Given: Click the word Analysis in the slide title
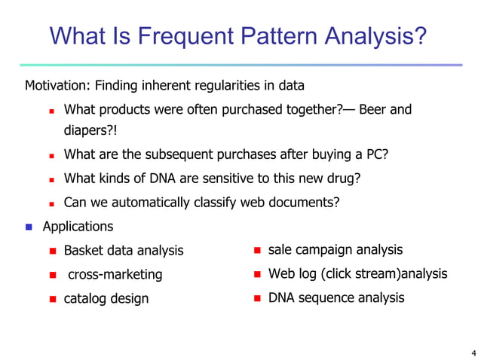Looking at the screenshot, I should pyautogui.click(x=374, y=35).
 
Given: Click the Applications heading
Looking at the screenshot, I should pyautogui.click(x=78, y=226).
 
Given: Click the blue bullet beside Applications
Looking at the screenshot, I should pyautogui.click(x=29, y=227).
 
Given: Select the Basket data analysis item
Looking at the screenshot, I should pyautogui.click(x=123, y=250).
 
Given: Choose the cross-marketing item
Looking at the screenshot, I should pyautogui.click(x=115, y=274).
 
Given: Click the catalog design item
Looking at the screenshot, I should pyautogui.click(x=106, y=298).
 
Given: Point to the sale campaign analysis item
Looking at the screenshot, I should pyautogui.click(x=335, y=249).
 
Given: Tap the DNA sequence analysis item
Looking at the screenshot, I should pyautogui.click(x=336, y=297).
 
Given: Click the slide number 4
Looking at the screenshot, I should pyautogui.click(x=472, y=352).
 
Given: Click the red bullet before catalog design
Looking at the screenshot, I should pyautogui.click(x=52, y=299).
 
